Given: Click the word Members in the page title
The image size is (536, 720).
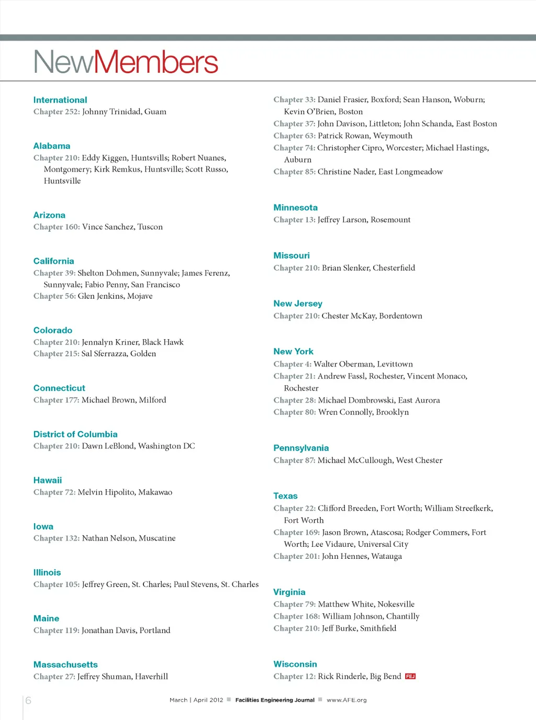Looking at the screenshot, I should pyautogui.click(x=156, y=62).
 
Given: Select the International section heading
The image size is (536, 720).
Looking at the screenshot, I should pyautogui.click(x=60, y=100).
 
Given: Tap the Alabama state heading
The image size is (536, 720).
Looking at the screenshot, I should pyautogui.click(x=52, y=146).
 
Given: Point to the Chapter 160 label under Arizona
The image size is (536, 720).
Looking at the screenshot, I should pyautogui.click(x=57, y=227).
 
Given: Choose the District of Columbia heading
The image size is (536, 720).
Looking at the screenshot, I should pyautogui.click(x=75, y=434).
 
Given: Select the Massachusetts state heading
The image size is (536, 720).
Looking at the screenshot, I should pyautogui.click(x=65, y=665).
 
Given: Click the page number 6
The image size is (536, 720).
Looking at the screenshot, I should pyautogui.click(x=28, y=701).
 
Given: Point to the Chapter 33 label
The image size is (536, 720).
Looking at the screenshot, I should pyautogui.click(x=294, y=100).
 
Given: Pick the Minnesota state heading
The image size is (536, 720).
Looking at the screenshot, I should pyautogui.click(x=295, y=208).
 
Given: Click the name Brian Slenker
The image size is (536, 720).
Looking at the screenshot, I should pyautogui.click(x=346, y=268).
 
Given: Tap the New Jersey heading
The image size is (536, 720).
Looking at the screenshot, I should pyautogui.click(x=298, y=303).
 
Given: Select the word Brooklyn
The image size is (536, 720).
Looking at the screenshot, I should pyautogui.click(x=392, y=412).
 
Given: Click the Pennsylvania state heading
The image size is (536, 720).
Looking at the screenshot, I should pyautogui.click(x=301, y=448).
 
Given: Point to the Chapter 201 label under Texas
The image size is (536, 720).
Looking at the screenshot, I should pyautogui.click(x=296, y=556).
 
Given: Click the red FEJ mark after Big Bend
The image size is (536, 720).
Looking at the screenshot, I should pyautogui.click(x=410, y=677).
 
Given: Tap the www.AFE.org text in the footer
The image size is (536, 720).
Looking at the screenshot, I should pyautogui.click(x=347, y=700).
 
